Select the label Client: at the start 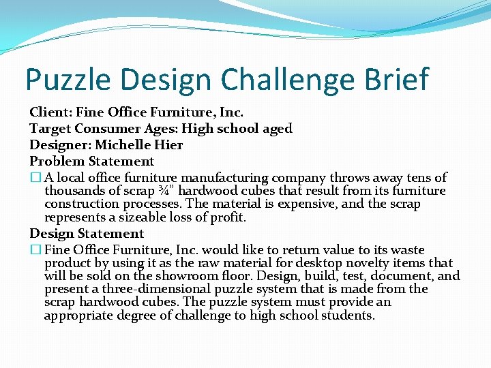pyautogui.click(x=50, y=111)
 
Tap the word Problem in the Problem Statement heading pyautogui.click(x=57, y=162)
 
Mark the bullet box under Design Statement pyautogui.click(x=35, y=250)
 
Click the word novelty pyautogui.click(x=387, y=263)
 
